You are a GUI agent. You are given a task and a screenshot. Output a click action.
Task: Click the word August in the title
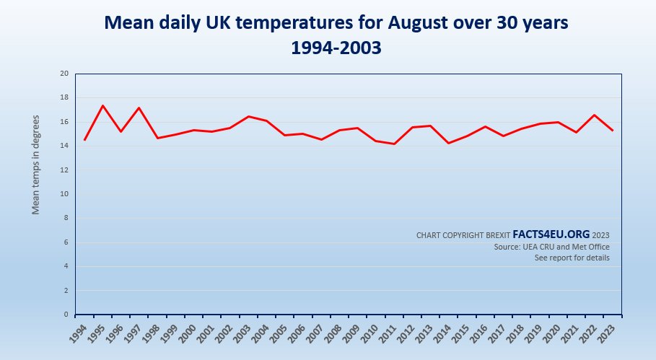click(419, 23)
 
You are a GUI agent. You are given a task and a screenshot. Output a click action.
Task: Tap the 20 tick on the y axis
click(64, 74)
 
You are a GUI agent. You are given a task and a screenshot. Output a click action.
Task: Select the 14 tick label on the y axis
click(64, 146)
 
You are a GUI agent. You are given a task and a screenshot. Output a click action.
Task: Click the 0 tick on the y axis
click(66, 315)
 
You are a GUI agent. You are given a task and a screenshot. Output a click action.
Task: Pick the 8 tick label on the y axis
click(66, 218)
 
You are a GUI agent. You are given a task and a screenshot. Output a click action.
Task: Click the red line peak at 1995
click(102, 105)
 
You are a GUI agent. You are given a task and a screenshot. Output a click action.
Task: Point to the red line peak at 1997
click(139, 107)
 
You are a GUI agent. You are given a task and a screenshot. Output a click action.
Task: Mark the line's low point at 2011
click(394, 144)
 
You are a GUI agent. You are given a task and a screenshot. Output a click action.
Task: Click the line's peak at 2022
click(595, 115)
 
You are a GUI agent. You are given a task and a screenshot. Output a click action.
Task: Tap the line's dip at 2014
click(449, 143)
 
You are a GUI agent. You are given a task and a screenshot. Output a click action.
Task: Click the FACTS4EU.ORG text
click(551, 234)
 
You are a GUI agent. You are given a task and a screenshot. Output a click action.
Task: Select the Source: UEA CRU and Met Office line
click(551, 247)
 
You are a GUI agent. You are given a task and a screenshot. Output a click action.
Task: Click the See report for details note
click(572, 258)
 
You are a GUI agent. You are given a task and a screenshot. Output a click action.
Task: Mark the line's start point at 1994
click(84, 140)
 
